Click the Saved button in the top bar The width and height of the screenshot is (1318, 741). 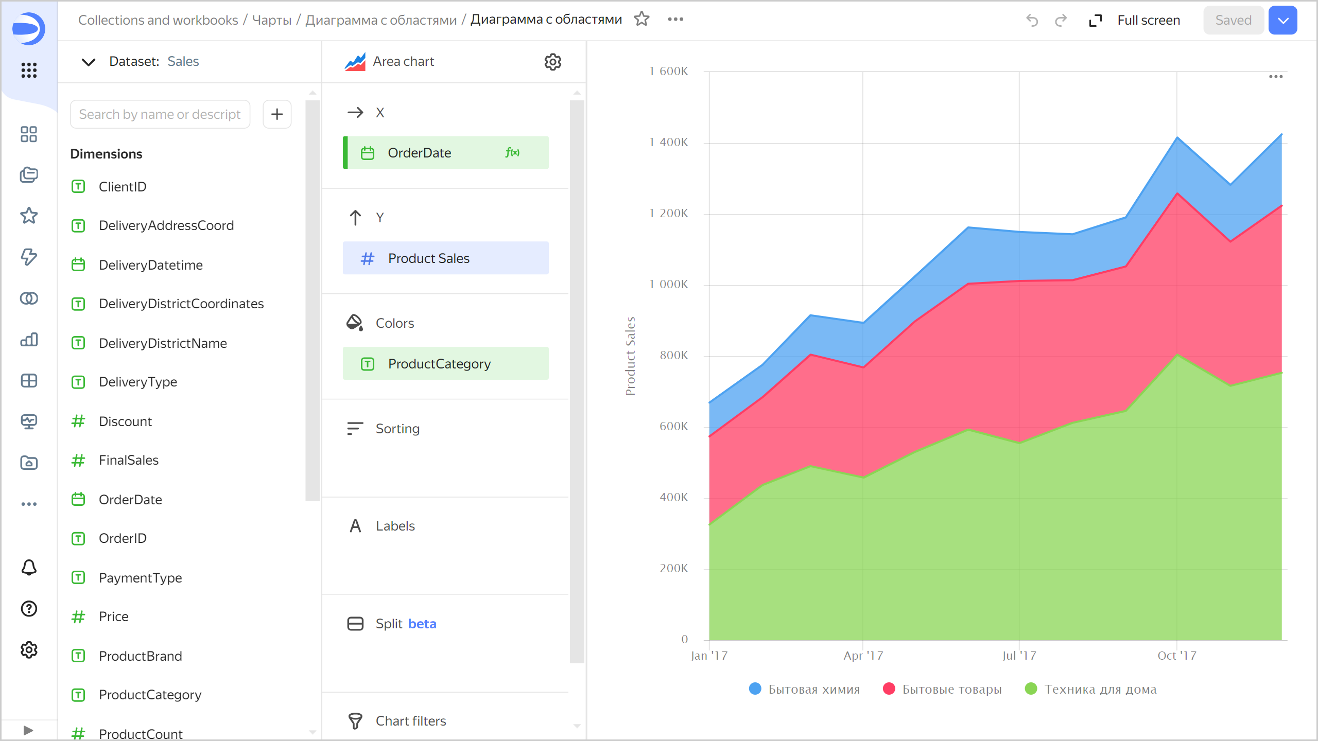(1233, 20)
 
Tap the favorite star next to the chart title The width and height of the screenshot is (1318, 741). (641, 19)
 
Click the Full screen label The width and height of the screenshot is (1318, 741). (1148, 20)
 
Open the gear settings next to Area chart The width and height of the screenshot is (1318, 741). (552, 62)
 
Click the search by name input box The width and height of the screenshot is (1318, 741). (160, 114)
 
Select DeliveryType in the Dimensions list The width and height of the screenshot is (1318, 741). (137, 382)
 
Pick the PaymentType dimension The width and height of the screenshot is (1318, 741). (140, 578)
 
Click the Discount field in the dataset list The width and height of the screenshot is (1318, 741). (125, 421)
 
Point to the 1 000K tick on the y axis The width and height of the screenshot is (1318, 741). (668, 285)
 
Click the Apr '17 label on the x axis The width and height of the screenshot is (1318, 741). (863, 656)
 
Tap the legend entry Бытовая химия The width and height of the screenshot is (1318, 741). (813, 690)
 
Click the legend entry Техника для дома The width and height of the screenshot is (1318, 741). (1100, 690)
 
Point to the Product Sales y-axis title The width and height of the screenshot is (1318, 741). (630, 356)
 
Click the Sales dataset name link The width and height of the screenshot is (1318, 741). (183, 62)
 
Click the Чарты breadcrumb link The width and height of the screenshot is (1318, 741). (272, 20)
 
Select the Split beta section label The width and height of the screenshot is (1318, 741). (406, 624)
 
